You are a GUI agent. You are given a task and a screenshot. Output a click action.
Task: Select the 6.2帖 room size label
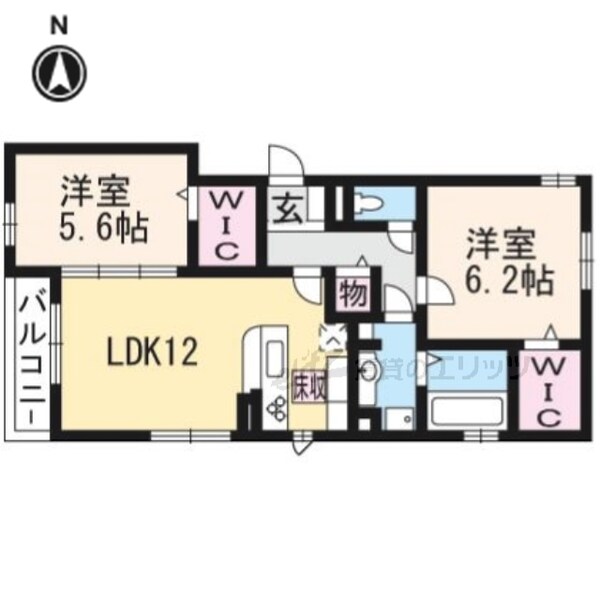[x=509, y=279]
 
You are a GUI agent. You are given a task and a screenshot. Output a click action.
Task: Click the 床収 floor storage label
[x=309, y=385]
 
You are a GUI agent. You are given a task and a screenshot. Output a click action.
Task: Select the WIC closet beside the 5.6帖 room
[x=226, y=226]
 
